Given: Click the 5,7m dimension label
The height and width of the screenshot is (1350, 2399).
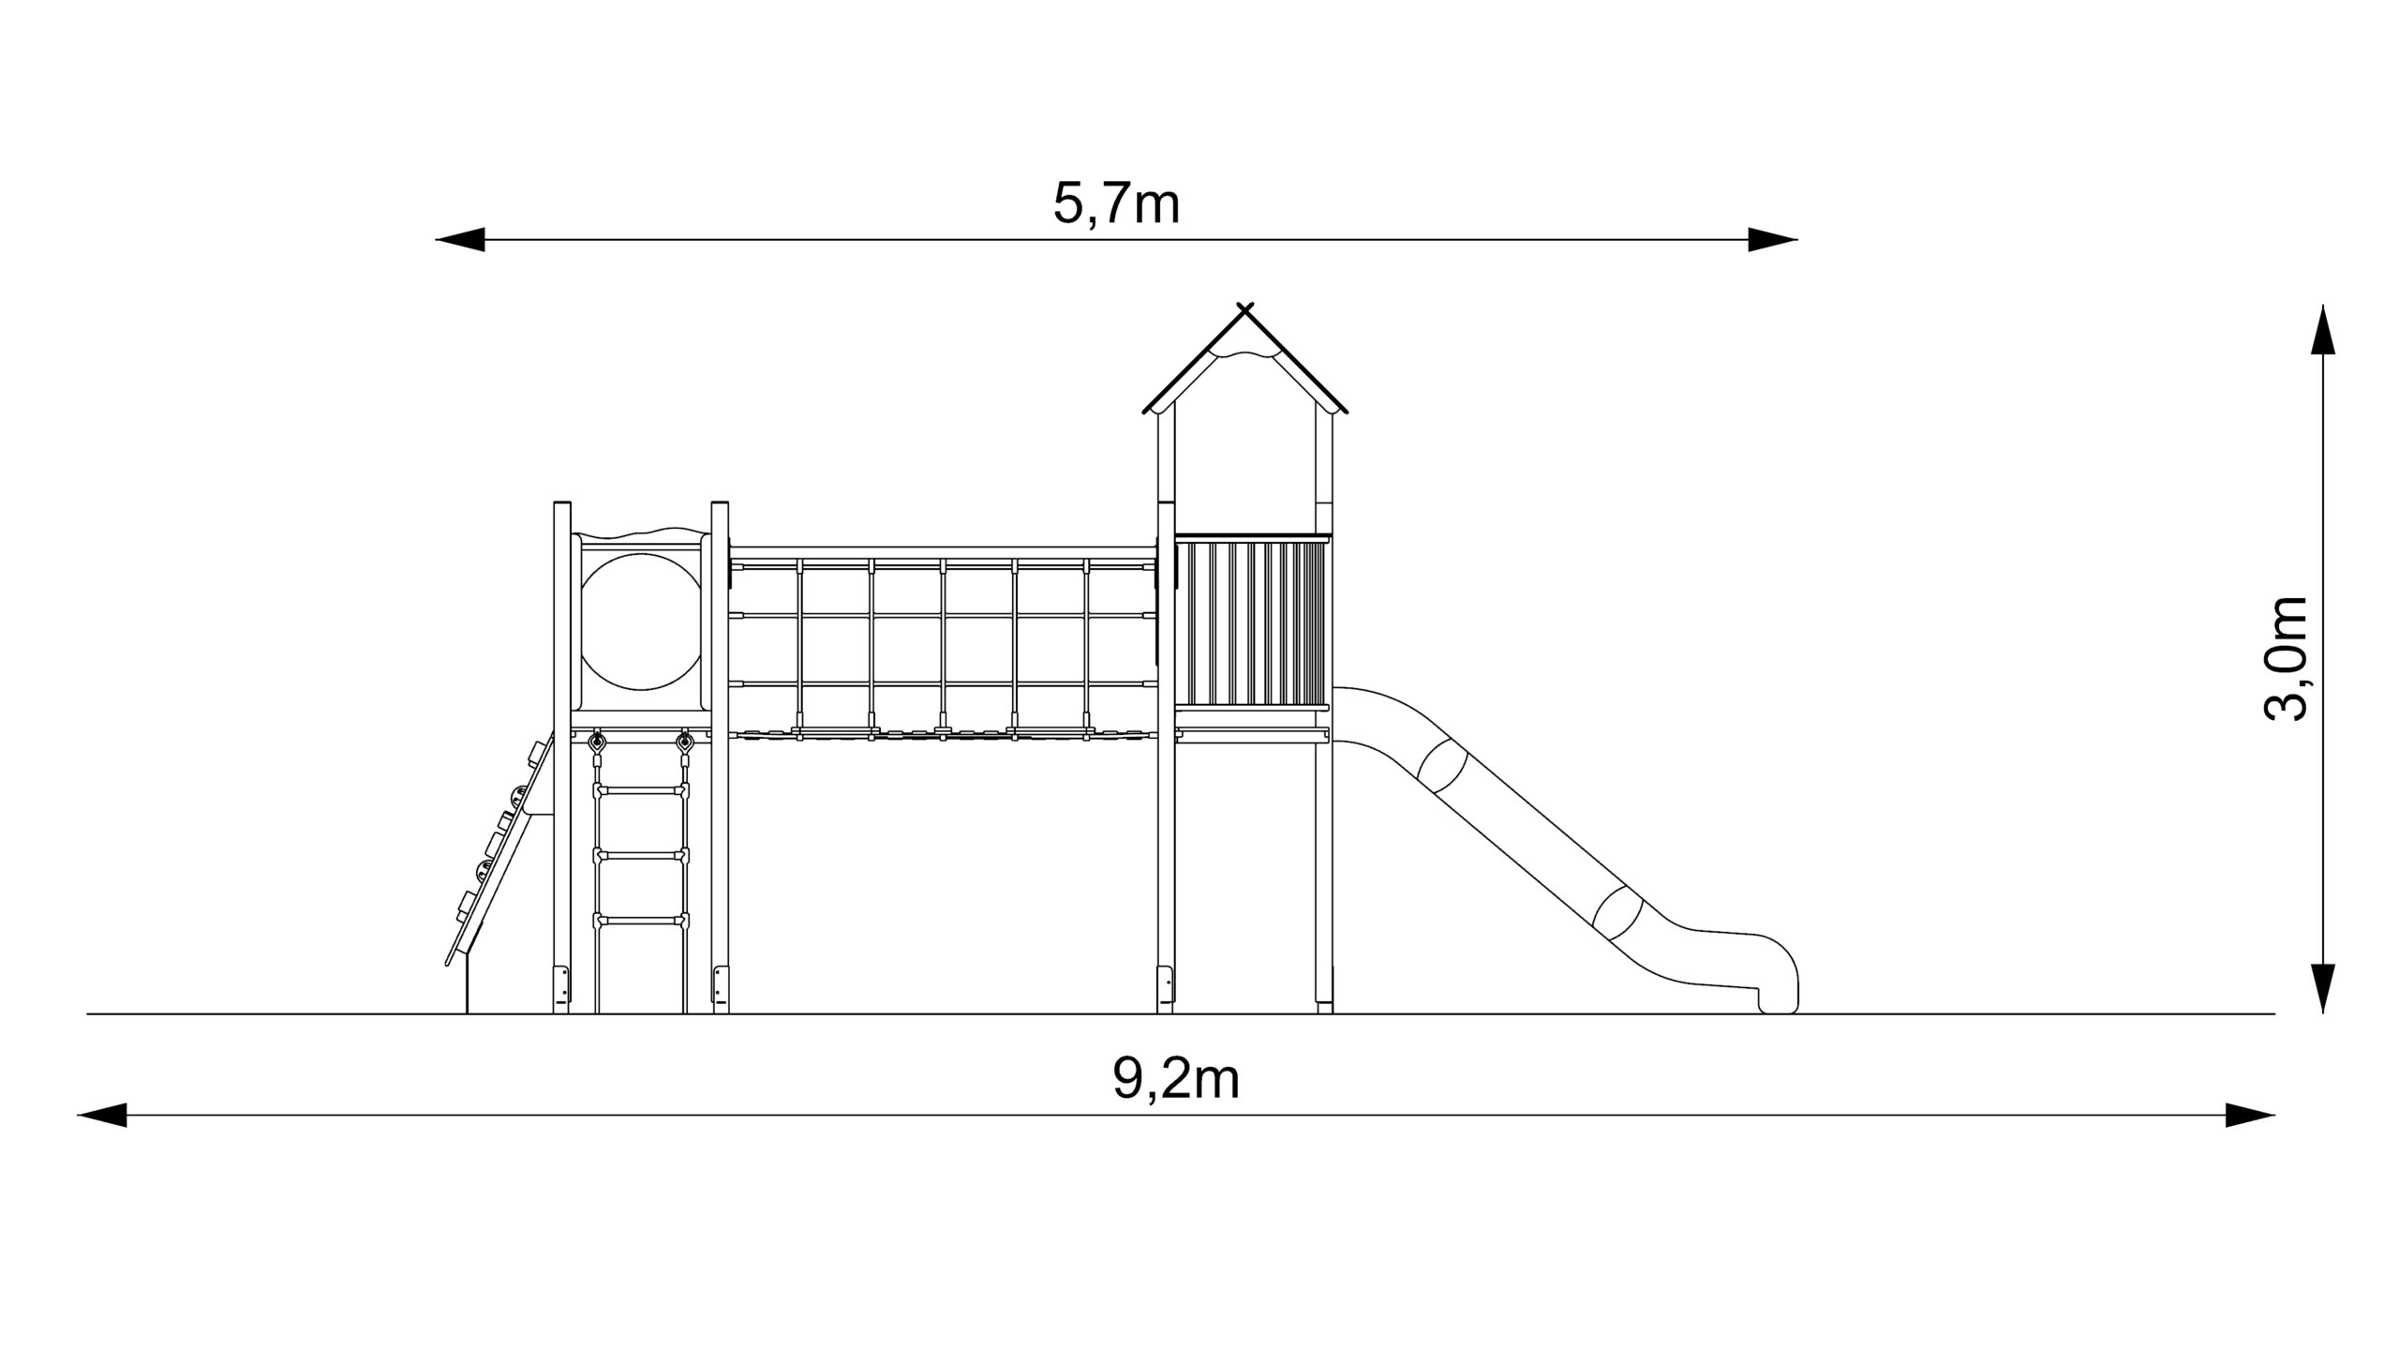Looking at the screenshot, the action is [1116, 203].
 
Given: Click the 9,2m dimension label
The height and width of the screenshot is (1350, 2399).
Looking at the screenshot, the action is [1176, 1079].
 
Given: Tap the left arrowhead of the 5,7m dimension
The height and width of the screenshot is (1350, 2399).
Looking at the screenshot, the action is [459, 240].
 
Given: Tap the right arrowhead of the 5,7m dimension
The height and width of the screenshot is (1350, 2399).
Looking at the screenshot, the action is [1773, 240].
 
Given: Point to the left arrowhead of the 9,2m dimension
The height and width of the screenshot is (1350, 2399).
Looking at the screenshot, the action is [101, 1116].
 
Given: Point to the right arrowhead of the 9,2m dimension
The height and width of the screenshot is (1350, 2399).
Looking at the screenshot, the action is [2250, 1116].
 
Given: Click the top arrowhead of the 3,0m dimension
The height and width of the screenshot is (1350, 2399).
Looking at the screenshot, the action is [2322, 329].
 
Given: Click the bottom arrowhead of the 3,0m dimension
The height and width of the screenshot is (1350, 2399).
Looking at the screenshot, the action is [2322, 989].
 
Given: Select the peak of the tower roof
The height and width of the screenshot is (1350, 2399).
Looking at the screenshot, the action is [1244, 308].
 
